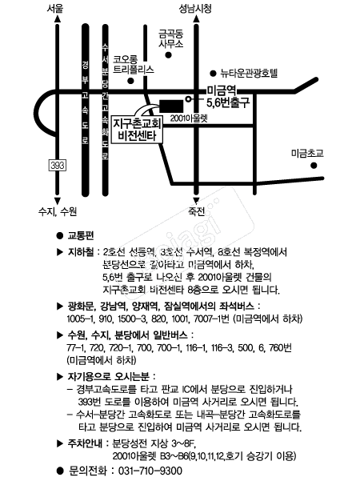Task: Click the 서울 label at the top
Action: click(55, 8)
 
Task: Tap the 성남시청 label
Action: click(195, 8)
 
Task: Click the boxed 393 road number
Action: click(58, 165)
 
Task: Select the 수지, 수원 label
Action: click(58, 211)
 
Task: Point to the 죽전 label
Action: click(196, 211)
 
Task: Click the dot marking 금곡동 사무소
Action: click(169, 55)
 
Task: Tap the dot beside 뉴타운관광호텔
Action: click(213, 74)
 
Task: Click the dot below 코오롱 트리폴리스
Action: click(131, 81)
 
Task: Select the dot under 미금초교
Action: click(314, 166)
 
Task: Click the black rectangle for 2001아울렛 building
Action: click(171, 106)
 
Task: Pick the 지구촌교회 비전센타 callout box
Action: click(137, 130)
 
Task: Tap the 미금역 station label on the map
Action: click(222, 90)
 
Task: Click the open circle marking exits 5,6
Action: click(188, 98)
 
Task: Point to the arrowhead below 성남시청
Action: click(196, 19)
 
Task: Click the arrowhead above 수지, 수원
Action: click(58, 201)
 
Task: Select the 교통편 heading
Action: click(81, 235)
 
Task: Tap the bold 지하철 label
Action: click(81, 252)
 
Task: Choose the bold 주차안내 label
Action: click(85, 443)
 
